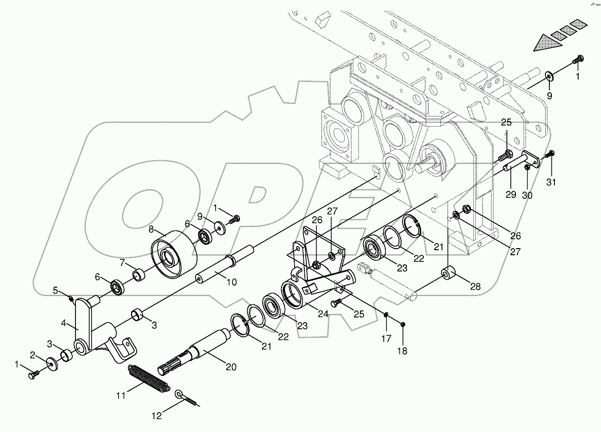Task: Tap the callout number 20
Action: (x=231, y=367)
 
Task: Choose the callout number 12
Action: (x=157, y=416)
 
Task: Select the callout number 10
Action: (x=231, y=283)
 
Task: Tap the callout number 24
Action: (x=323, y=313)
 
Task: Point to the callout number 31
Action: (x=551, y=182)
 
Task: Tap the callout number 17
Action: (x=386, y=338)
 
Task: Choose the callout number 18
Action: (x=404, y=350)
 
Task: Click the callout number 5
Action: (x=56, y=290)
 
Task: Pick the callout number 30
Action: (x=527, y=194)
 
